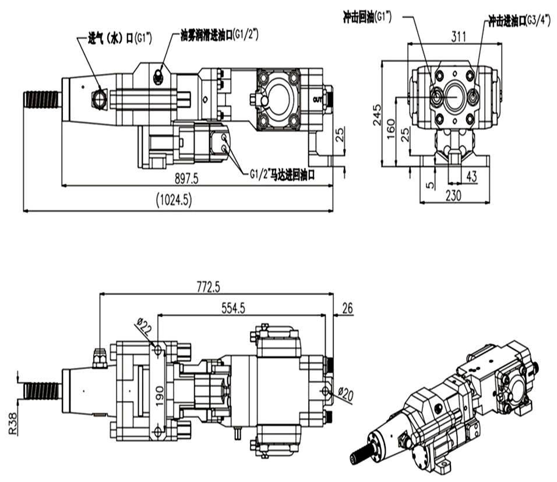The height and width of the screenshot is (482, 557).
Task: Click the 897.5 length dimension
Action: click(186, 179)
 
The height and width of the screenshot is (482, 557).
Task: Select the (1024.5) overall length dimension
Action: click(174, 201)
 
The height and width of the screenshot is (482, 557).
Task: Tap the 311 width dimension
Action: click(459, 37)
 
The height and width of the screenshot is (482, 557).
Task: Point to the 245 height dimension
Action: click(377, 115)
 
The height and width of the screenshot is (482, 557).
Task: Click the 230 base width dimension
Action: click(453, 195)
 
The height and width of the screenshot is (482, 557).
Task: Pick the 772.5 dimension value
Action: click(209, 287)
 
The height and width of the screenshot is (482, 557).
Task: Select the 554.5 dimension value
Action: click(234, 308)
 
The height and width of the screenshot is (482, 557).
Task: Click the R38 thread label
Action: click(13, 424)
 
